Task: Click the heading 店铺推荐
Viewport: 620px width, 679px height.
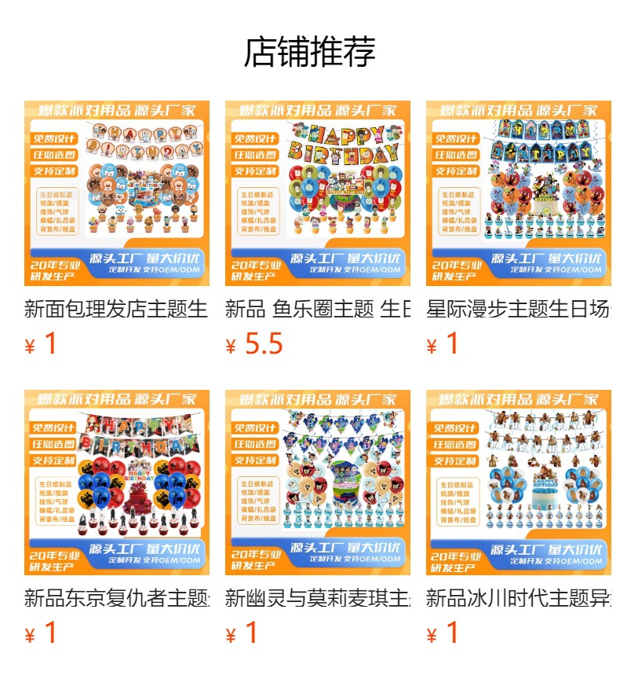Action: tap(310, 52)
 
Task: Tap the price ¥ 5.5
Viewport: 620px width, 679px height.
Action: tap(254, 344)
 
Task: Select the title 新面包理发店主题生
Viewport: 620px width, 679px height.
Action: tap(116, 309)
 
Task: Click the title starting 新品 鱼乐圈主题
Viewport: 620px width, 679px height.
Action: tap(317, 309)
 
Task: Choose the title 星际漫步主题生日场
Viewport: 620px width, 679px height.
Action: tap(518, 309)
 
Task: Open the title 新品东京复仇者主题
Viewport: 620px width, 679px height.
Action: tap(116, 598)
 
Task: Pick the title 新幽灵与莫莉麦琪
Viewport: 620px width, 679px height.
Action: tap(317, 598)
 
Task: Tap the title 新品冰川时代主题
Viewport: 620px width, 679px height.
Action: tap(518, 598)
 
